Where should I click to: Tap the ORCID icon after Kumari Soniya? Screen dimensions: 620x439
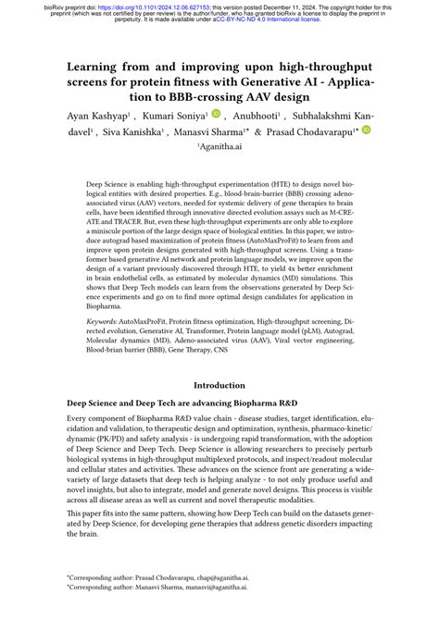[216, 114]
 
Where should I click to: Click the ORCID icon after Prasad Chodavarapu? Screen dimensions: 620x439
[366, 130]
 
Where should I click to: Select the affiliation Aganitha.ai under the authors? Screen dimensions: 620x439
[219, 145]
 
